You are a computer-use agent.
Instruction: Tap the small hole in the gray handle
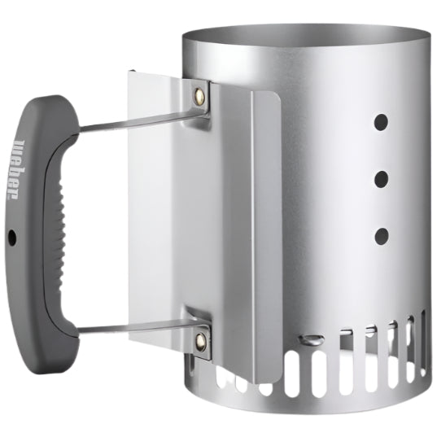tap(11, 237)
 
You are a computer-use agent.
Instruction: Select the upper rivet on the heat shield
tap(198, 95)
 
